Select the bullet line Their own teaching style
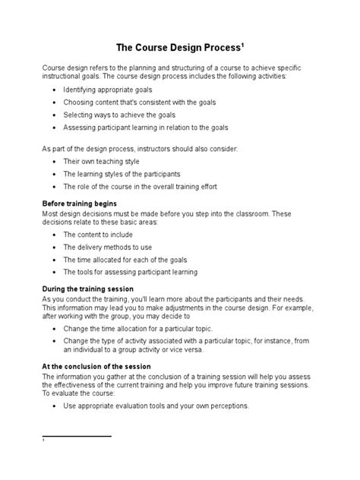point(101,162)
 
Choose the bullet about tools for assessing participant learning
point(130,271)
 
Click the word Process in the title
point(218,48)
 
